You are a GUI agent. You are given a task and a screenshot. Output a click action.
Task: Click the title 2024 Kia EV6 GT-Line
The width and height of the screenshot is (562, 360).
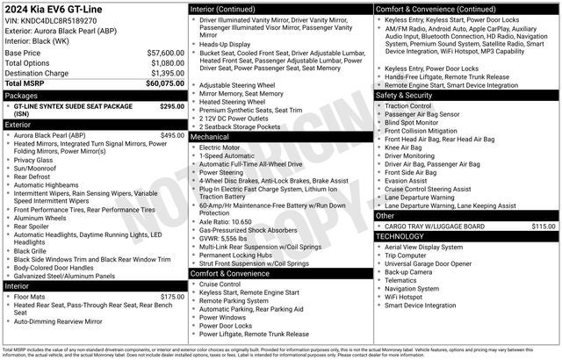[53, 9]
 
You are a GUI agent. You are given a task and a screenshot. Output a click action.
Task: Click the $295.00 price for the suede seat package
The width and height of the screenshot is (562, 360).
[172, 105]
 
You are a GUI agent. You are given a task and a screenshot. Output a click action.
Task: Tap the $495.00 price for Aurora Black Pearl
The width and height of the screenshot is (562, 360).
[172, 135]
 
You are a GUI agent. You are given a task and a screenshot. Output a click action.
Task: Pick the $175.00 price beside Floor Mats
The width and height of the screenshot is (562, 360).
[172, 297]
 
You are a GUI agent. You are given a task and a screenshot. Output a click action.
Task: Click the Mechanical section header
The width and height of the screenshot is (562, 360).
[210, 137]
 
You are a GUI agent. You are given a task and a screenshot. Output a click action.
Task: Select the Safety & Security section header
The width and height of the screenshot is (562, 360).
[404, 95]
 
